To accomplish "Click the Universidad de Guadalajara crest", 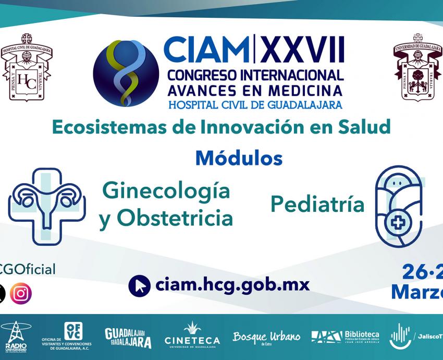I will coord(416,67).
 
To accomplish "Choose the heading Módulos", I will coord(239,158).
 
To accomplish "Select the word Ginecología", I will coord(166,190).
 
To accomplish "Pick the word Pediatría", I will coord(317,205).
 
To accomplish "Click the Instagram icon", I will coord(21,293).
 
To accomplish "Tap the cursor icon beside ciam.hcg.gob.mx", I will coord(139,285).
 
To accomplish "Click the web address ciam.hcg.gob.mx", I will coord(232,285).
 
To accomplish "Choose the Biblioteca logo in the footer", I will coord(345,337).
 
